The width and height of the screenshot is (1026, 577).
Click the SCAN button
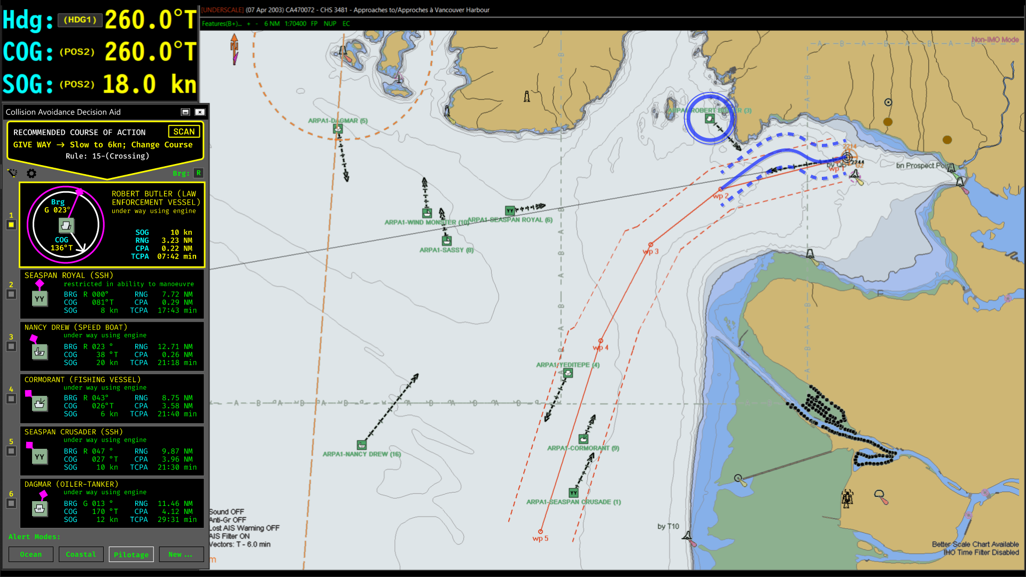pos(184,131)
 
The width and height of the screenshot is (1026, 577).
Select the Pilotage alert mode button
pos(131,555)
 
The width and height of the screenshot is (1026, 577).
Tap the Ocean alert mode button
pos(30,555)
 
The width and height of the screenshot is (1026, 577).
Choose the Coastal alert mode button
pos(81,555)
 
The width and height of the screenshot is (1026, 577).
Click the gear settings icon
pos(32,174)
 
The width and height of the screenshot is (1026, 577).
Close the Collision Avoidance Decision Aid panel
pos(200,112)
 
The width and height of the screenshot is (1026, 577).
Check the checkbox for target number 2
pos(11,294)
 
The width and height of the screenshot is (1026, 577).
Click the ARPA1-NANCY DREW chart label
pos(361,454)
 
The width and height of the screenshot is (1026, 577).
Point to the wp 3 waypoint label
pos(650,252)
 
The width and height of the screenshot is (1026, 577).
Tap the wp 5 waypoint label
pos(540,539)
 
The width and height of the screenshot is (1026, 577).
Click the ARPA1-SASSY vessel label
pos(446,250)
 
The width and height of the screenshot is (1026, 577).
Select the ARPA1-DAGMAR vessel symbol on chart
pos(338,129)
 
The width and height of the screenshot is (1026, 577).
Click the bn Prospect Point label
pos(922,166)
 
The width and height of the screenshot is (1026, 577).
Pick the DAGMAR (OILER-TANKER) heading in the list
pos(71,484)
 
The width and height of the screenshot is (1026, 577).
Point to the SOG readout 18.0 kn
pos(149,84)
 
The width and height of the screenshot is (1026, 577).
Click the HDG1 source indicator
pos(80,20)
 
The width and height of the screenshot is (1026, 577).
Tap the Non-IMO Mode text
pos(995,40)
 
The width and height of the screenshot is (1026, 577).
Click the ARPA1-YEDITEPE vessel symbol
pos(568,373)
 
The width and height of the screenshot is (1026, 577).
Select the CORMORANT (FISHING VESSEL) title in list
pos(82,379)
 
